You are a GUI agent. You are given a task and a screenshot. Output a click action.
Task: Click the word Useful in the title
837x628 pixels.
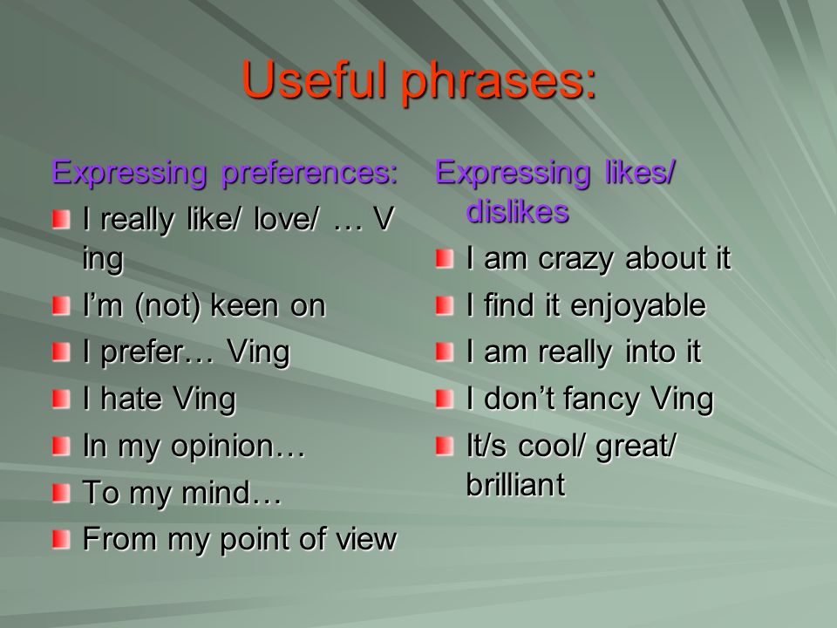313,79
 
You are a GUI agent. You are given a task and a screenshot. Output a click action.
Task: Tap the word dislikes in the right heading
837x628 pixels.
517,211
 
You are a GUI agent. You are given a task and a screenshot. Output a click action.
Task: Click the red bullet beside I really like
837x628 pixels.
61,220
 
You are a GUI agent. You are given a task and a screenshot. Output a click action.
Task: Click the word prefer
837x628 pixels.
142,353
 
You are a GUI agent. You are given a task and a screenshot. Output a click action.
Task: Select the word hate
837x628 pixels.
131,399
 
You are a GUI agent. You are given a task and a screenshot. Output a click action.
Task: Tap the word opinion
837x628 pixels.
222,447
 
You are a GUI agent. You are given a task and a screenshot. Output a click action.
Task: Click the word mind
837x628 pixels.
215,493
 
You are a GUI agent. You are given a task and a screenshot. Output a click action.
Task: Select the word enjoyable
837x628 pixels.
638,306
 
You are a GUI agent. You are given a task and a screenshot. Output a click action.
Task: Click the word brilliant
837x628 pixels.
515,485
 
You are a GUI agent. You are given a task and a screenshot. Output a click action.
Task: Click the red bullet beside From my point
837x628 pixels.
61,539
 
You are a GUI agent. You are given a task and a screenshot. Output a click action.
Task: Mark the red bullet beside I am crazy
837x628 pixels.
445,259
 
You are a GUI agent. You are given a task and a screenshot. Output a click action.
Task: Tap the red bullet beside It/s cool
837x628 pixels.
445,446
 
